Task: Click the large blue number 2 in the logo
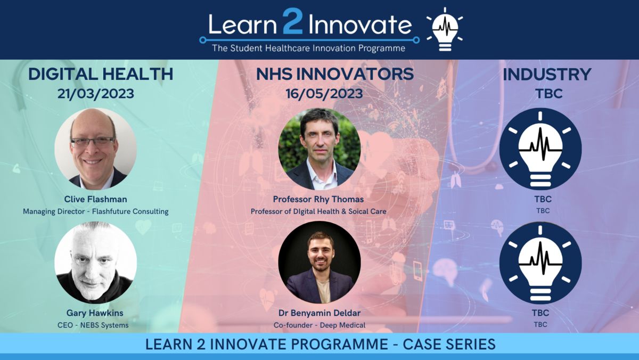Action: [x=292, y=21]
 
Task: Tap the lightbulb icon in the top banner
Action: [x=445, y=29]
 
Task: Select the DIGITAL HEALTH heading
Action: [x=101, y=74]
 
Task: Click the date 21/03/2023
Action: [x=95, y=94]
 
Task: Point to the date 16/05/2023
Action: [x=324, y=94]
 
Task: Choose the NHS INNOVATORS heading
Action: [x=335, y=74]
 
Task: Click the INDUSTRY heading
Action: [x=547, y=74]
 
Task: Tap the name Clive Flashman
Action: [x=95, y=199]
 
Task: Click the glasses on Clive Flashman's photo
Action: [x=93, y=142]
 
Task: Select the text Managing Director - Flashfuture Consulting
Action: [x=95, y=211]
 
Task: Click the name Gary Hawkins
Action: [x=95, y=313]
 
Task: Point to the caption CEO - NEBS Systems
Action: [x=93, y=325]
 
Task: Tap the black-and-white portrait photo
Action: [x=95, y=263]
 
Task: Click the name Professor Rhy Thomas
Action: [x=318, y=199]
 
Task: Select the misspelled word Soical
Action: [x=352, y=211]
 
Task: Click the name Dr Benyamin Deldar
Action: [x=319, y=313]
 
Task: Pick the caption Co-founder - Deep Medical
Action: [x=319, y=325]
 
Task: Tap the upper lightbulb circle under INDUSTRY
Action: [x=540, y=149]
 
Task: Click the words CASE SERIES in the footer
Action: [x=449, y=345]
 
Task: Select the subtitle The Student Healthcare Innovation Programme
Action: [x=309, y=48]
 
